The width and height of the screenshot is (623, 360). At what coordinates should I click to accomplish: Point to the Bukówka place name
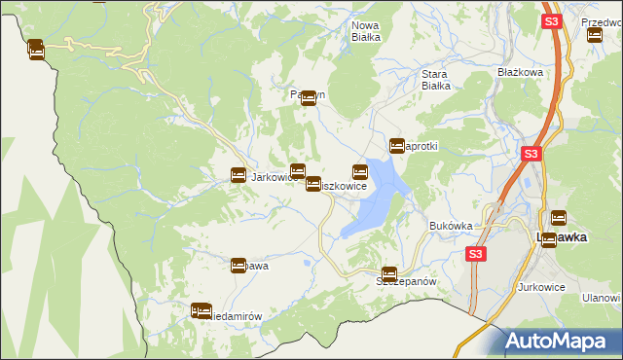[451, 226]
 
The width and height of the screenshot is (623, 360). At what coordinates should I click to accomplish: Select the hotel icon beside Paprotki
[397, 146]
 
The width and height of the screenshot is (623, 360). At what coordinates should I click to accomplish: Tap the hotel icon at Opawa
[238, 266]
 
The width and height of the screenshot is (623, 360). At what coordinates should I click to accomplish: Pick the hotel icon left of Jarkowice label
[238, 175]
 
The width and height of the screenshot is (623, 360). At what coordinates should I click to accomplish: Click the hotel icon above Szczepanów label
[389, 274]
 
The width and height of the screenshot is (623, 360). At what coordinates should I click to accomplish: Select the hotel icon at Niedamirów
[202, 311]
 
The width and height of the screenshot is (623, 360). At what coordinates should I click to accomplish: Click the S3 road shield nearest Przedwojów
[551, 21]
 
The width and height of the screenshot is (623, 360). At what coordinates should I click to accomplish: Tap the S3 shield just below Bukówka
[474, 254]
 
